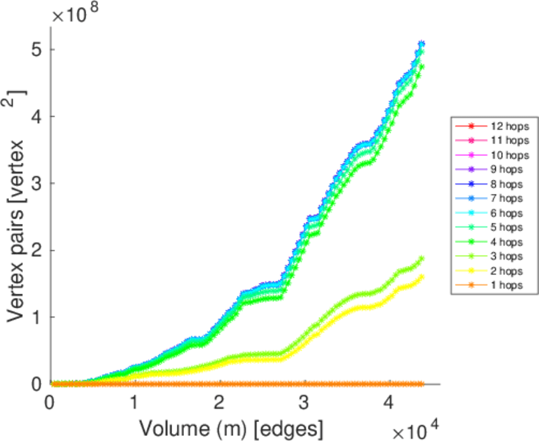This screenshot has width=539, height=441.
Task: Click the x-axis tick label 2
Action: (x=219, y=403)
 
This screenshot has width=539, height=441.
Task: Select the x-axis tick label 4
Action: (x=389, y=403)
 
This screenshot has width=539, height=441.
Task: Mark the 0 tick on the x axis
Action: (x=50, y=403)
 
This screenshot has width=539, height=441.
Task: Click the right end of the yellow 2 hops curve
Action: (x=421, y=277)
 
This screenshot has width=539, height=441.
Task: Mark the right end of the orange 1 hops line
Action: (x=421, y=384)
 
